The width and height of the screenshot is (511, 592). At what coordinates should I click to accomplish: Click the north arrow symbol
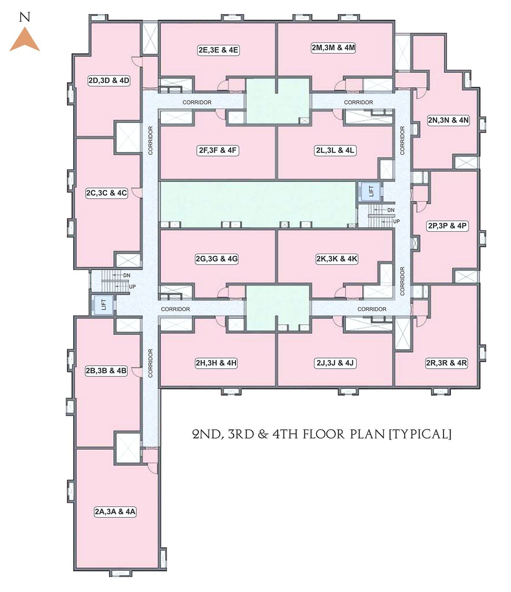pyautogui.click(x=25, y=40)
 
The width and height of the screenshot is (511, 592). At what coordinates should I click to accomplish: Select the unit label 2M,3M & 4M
pyautogui.click(x=333, y=48)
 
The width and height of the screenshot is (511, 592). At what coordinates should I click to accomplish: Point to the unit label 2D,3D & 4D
pyautogui.click(x=109, y=81)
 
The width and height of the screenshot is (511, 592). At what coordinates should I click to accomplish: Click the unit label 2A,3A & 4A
pyautogui.click(x=115, y=511)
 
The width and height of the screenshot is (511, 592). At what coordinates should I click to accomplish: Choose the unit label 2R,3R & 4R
pyautogui.click(x=446, y=363)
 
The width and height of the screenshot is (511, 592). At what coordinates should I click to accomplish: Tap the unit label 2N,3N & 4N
pyautogui.click(x=448, y=120)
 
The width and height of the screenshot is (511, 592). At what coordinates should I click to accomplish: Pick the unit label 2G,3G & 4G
pyautogui.click(x=217, y=259)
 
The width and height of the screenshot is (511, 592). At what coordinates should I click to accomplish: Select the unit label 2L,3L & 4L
pyautogui.click(x=335, y=150)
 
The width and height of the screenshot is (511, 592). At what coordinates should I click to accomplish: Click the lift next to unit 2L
pyautogui.click(x=371, y=191)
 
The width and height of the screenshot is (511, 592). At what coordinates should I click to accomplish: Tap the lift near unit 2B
pyautogui.click(x=103, y=304)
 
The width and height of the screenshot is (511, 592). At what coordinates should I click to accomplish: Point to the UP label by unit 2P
pyautogui.click(x=396, y=221)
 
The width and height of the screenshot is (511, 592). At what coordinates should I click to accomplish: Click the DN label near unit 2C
pyautogui.click(x=127, y=275)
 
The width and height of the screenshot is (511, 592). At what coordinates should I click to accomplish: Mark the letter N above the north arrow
pyautogui.click(x=25, y=18)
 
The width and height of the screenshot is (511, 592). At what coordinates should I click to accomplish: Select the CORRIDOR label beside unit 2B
pyautogui.click(x=150, y=363)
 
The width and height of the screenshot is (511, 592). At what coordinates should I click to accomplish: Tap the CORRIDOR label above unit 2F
pyautogui.click(x=197, y=102)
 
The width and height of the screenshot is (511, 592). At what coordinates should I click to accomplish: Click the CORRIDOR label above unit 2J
pyautogui.click(x=372, y=309)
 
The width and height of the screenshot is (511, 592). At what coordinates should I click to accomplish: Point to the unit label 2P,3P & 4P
pyautogui.click(x=447, y=226)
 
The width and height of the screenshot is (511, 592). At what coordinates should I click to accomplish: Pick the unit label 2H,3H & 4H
pyautogui.click(x=216, y=363)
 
